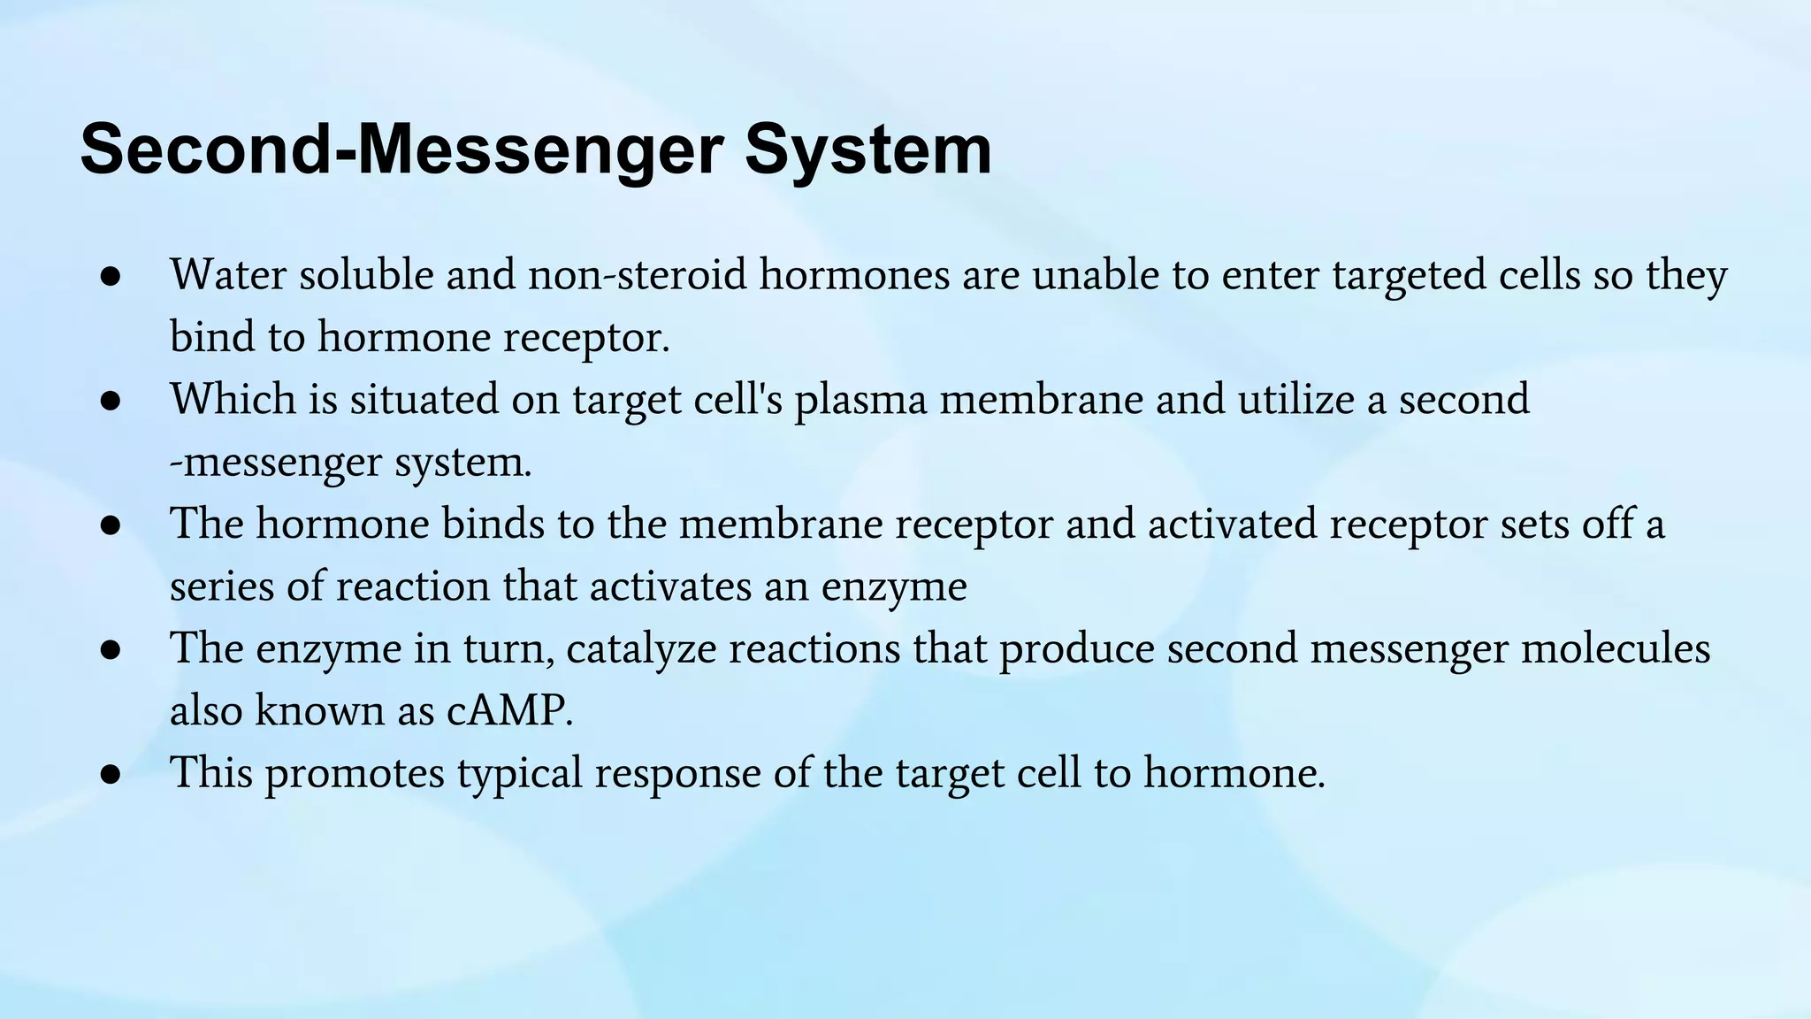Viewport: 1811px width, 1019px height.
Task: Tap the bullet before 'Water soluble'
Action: click(111, 276)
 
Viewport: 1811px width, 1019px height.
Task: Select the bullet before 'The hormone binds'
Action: click(111, 525)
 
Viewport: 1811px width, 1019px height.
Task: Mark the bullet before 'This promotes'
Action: click(111, 774)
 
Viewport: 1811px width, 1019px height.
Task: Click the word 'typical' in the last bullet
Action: click(519, 775)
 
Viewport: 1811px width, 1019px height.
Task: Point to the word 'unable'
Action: click(1096, 275)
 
